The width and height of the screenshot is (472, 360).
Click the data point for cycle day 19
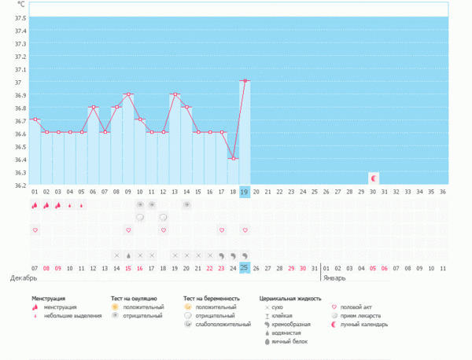coord(245,81)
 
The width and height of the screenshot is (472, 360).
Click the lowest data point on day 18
coord(233,159)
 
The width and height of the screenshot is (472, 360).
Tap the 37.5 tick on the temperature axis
coord(20,18)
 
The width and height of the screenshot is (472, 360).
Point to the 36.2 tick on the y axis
coord(20,185)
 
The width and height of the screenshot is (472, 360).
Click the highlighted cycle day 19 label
coord(245,191)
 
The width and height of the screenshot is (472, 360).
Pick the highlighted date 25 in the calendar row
coord(245,268)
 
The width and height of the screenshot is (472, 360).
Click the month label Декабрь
coord(23,278)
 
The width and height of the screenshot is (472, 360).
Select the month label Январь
coord(334,278)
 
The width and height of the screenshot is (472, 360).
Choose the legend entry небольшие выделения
coord(70,316)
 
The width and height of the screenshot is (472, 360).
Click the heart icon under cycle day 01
coord(35,230)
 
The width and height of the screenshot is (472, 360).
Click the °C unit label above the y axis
coord(20,5)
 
